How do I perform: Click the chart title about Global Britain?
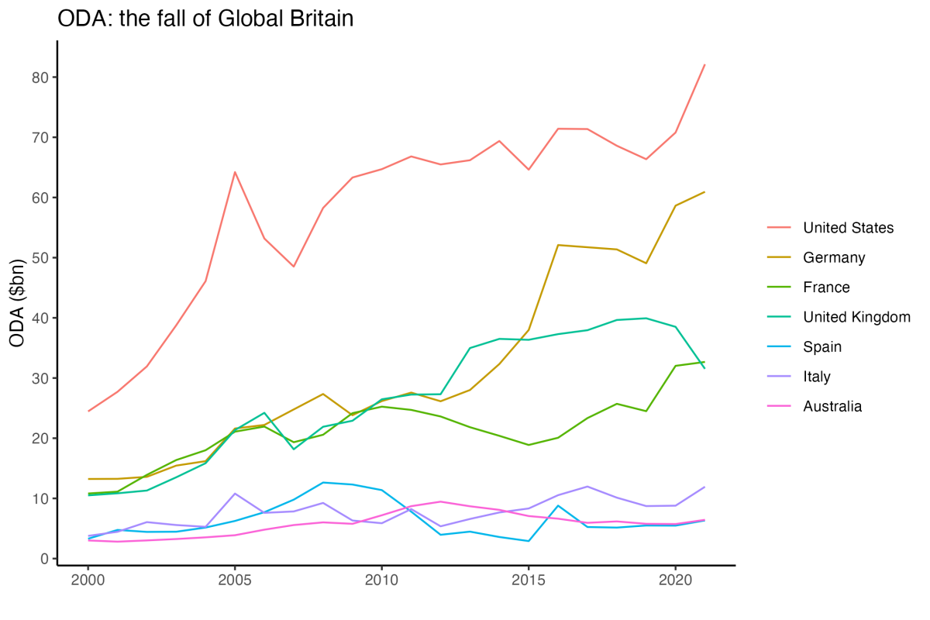(x=205, y=19)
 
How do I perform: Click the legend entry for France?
(x=826, y=288)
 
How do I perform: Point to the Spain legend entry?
(x=822, y=347)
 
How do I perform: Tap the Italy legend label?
(x=817, y=377)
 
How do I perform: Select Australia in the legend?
(x=832, y=406)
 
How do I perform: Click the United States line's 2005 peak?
(x=234, y=172)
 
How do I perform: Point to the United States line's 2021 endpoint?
(x=704, y=64)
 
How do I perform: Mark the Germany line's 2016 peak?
(x=557, y=245)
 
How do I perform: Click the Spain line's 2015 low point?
(x=528, y=541)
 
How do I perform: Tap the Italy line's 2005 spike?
(x=234, y=494)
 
